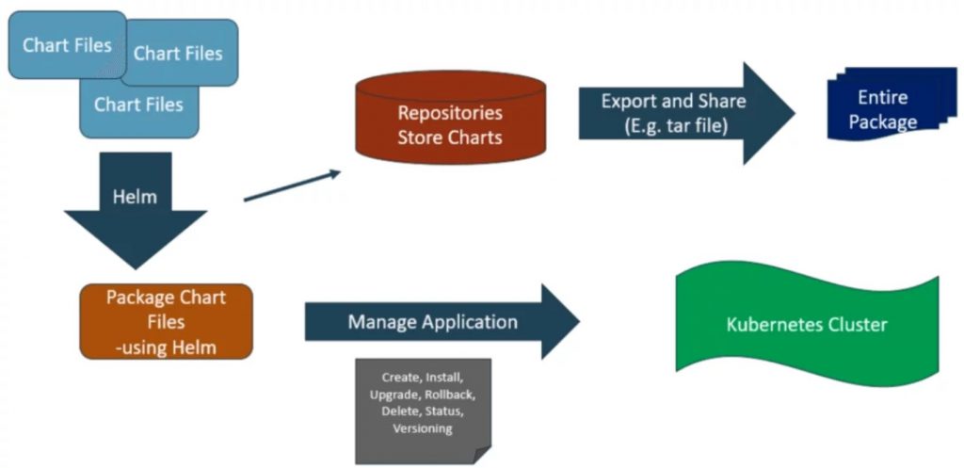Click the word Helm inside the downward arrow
pyautogui.click(x=134, y=199)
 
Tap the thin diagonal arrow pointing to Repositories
pyautogui.click(x=292, y=186)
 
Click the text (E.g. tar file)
pyautogui.click(x=673, y=124)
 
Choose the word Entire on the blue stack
pyautogui.click(x=882, y=98)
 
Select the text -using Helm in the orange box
pyautogui.click(x=166, y=347)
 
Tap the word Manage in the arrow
pyautogui.click(x=382, y=322)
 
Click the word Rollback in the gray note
pyautogui.click(x=447, y=395)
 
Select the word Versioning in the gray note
pyautogui.click(x=423, y=428)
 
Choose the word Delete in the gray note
pyautogui.click(x=399, y=412)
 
